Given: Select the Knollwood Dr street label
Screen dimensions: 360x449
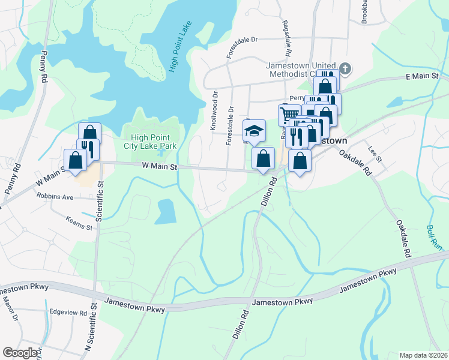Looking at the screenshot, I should pyautogui.click(x=212, y=111).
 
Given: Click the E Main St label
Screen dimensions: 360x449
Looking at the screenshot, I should pyautogui.click(x=423, y=76).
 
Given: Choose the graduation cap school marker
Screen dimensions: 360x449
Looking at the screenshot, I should pyautogui.click(x=254, y=130).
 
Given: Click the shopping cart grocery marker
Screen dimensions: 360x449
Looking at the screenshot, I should pyautogui.click(x=289, y=114).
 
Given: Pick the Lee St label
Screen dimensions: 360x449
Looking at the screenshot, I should pyautogui.click(x=375, y=155).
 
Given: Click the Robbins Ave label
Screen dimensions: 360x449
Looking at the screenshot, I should pyautogui.click(x=54, y=196).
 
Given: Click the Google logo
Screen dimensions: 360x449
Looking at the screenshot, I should pyautogui.click(x=20, y=353).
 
